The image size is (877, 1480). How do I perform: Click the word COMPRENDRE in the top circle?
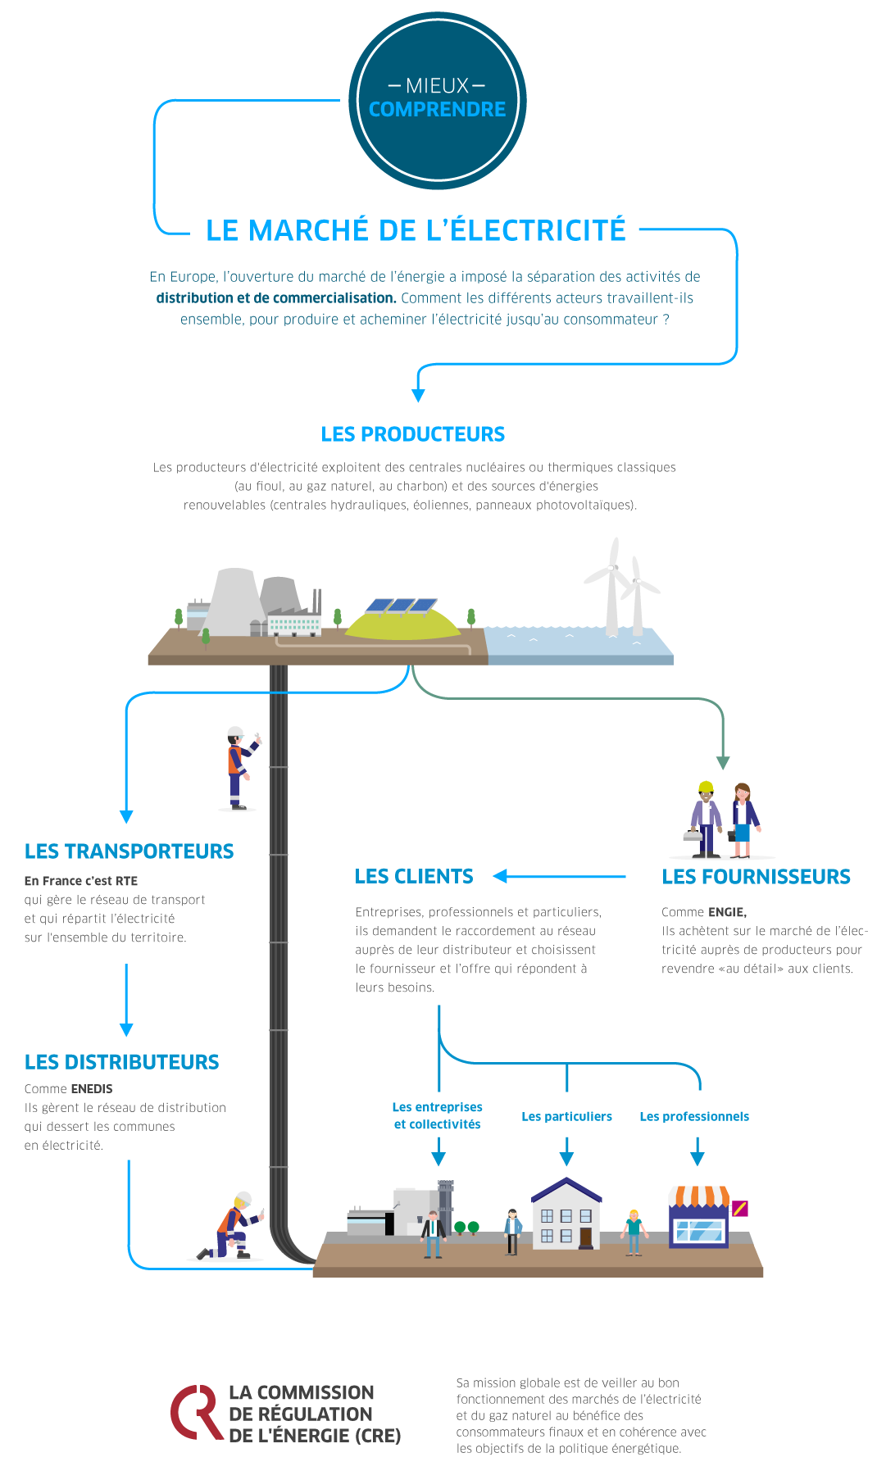(x=437, y=109)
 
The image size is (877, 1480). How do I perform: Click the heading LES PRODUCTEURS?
(x=413, y=434)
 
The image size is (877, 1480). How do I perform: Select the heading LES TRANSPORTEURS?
(x=130, y=851)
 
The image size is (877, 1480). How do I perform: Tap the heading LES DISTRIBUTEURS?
(x=122, y=1062)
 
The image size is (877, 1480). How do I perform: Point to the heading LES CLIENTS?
(x=414, y=877)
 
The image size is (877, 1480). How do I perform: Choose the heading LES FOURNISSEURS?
(x=756, y=877)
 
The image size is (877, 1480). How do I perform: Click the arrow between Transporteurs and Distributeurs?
(x=126, y=1000)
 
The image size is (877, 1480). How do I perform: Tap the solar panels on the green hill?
(x=401, y=606)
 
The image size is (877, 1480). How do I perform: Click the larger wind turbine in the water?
(x=611, y=586)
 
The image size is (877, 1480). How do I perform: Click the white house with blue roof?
(x=566, y=1214)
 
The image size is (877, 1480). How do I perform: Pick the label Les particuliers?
(x=566, y=1116)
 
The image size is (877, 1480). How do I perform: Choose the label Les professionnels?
(x=694, y=1116)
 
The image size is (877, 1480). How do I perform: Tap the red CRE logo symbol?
(x=196, y=1412)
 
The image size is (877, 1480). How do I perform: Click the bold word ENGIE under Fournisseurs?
(x=726, y=912)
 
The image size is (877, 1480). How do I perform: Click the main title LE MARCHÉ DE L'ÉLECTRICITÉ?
(x=416, y=231)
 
